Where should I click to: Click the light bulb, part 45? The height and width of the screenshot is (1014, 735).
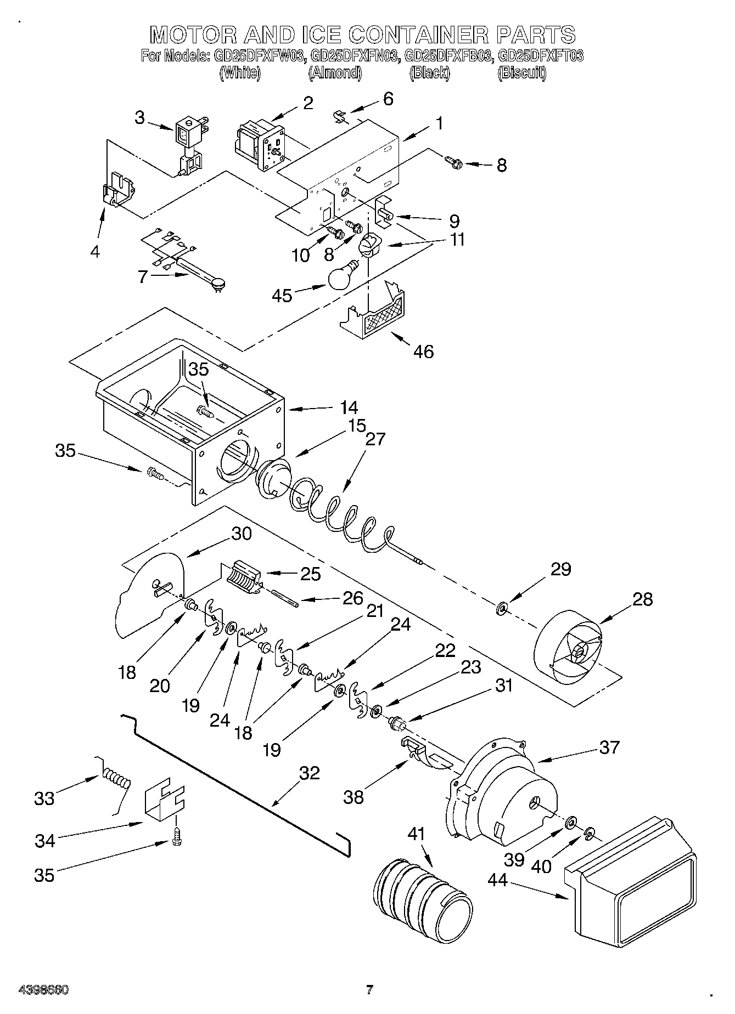pos(341,276)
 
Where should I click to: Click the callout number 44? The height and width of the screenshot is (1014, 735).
pos(498,880)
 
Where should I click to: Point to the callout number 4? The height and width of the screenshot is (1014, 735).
pos(95,252)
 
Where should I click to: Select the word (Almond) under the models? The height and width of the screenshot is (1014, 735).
pos(335,73)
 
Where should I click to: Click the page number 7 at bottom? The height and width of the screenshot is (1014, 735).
pos(369,990)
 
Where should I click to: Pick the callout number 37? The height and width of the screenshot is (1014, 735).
pos(609,747)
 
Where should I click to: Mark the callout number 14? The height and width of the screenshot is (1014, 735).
pos(348,407)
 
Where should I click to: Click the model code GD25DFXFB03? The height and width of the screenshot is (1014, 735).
pos(447,56)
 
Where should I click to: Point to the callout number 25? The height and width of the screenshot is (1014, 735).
pos(310,574)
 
